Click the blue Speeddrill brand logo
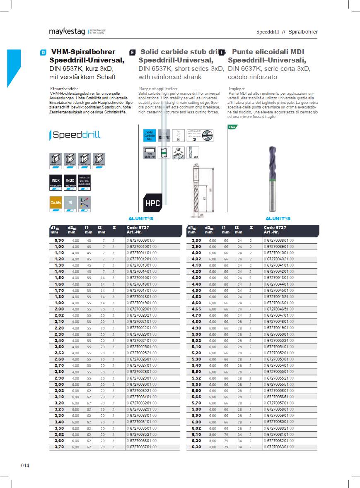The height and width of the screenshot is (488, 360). coord(75,135)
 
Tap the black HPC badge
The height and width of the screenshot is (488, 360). coord(152,203)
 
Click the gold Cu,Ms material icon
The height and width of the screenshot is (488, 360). coord(56,203)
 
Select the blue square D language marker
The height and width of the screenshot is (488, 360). coord(43,53)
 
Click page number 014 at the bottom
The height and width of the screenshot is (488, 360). coord(25,466)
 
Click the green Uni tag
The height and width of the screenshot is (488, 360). coord(232,127)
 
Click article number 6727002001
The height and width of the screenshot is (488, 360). coord(141,309)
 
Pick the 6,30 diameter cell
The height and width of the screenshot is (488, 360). coord(196,447)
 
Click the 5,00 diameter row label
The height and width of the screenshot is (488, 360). coord(196,334)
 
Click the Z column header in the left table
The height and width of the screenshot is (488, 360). coord(114,227)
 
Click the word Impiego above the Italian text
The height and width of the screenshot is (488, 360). coord(237,89)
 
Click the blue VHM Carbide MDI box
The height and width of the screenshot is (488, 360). coord(150,136)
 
